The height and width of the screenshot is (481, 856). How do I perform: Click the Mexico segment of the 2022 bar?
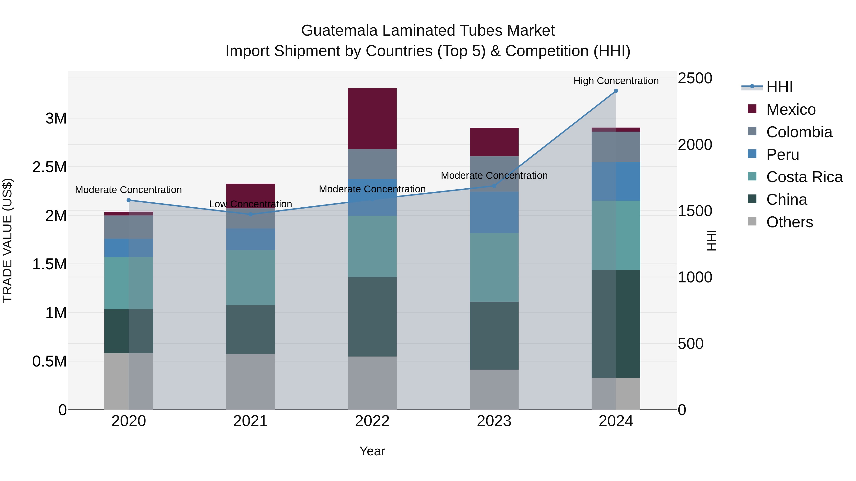click(372, 119)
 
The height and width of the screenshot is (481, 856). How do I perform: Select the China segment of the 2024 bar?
click(616, 324)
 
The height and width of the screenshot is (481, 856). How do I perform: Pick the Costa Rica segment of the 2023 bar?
click(494, 267)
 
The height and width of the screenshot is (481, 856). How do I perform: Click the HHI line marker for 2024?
click(616, 91)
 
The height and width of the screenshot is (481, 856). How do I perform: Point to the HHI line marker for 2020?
click(129, 200)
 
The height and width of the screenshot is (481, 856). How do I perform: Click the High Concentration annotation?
click(616, 81)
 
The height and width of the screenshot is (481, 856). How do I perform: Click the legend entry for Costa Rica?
click(804, 177)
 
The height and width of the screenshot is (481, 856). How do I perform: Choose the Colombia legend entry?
click(799, 132)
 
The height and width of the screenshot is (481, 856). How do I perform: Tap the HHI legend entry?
click(779, 87)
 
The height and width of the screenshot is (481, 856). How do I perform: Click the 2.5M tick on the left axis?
click(49, 167)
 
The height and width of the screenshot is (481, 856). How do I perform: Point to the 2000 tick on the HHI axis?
click(695, 145)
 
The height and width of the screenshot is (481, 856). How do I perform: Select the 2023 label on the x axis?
click(494, 421)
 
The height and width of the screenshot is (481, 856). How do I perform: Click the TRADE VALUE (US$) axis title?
click(7, 240)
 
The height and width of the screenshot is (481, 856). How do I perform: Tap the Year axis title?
click(372, 451)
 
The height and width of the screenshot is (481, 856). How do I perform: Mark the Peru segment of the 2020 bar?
click(129, 248)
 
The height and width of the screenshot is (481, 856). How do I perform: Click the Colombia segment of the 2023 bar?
click(494, 174)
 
